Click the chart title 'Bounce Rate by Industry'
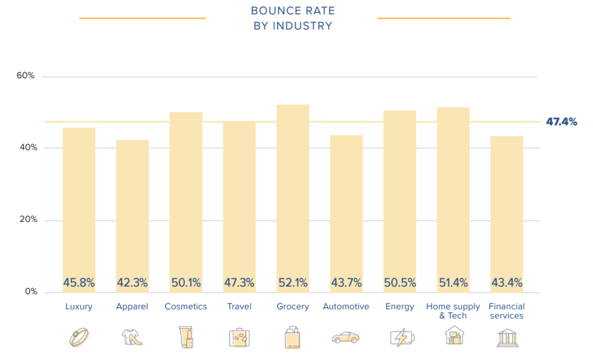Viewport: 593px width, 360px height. (x=292, y=18)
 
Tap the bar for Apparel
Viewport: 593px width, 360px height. (x=132, y=214)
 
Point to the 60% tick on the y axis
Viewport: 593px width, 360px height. (x=25, y=76)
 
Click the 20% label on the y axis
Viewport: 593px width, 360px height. (x=25, y=220)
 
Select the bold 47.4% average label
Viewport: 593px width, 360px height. (x=561, y=122)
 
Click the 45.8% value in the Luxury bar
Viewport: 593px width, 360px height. (x=79, y=283)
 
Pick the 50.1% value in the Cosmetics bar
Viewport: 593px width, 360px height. (x=186, y=283)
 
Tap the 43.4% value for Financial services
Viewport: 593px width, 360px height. (x=507, y=283)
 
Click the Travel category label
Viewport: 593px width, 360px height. (x=239, y=307)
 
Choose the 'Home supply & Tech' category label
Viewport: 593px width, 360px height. (x=453, y=311)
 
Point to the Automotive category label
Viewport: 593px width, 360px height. (x=346, y=307)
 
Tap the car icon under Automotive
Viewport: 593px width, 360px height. (x=346, y=337)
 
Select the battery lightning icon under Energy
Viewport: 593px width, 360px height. (x=400, y=337)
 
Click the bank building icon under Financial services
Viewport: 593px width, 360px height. (x=507, y=337)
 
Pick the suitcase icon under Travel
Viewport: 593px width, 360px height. (x=239, y=337)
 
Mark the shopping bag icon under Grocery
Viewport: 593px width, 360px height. (x=292, y=337)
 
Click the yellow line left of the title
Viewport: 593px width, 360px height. (x=142, y=19)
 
